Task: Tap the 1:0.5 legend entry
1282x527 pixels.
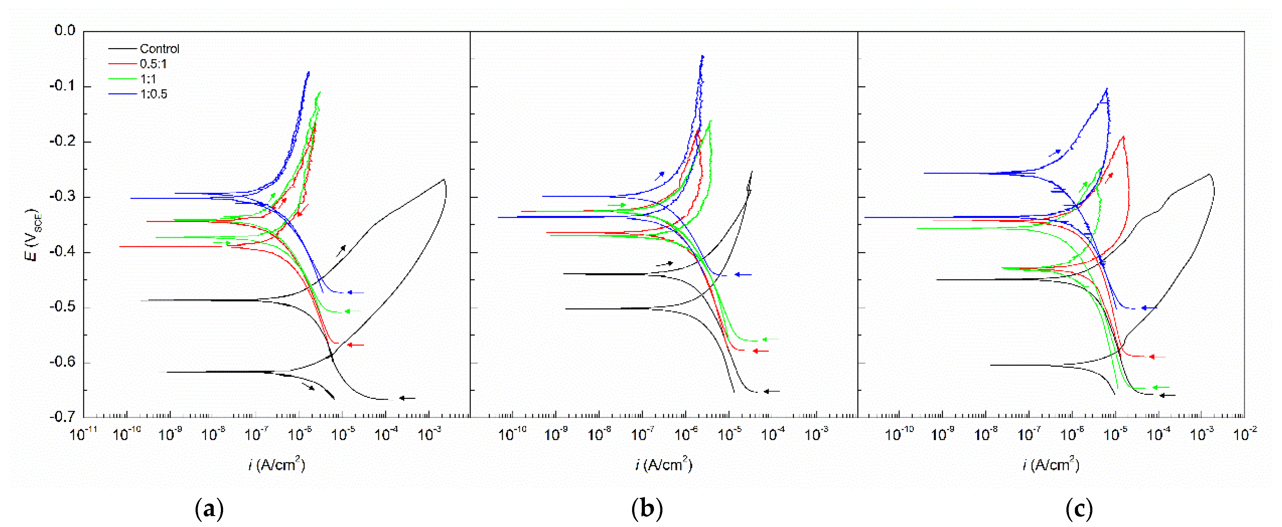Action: point(153,94)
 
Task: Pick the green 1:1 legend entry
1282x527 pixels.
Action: point(148,79)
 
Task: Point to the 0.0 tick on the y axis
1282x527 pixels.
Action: point(65,31)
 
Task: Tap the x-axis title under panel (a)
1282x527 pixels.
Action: point(276,464)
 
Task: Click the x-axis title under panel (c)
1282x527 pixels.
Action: point(1050,464)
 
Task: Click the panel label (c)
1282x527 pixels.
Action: point(1079,509)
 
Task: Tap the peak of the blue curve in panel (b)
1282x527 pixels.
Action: point(702,56)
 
